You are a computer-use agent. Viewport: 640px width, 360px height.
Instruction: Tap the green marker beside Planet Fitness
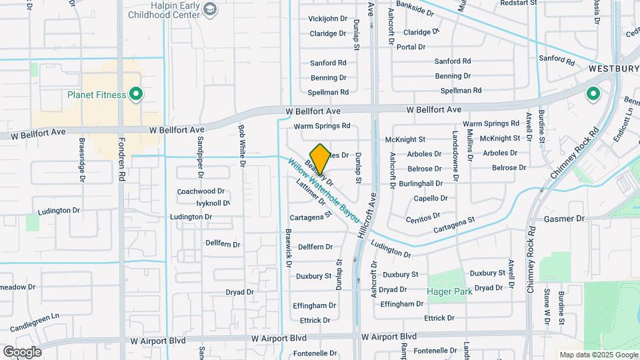(x=136, y=95)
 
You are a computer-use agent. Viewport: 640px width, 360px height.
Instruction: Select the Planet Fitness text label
(x=97, y=95)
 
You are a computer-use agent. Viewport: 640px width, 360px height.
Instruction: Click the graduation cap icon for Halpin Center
(x=211, y=9)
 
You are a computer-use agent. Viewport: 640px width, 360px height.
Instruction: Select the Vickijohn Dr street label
(x=328, y=18)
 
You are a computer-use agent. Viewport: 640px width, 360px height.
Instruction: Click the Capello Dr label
(x=431, y=198)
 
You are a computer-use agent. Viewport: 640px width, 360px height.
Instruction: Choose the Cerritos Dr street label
(x=423, y=216)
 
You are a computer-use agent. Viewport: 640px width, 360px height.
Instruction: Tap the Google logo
(x=22, y=352)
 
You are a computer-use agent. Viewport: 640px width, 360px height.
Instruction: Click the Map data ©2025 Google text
(x=599, y=355)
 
